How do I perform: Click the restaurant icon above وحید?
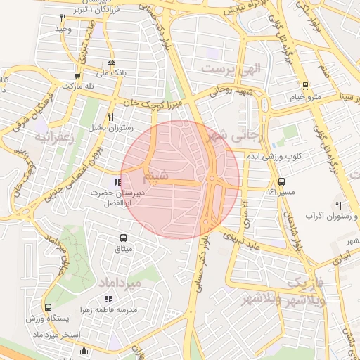point(63,17)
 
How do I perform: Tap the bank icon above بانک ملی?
point(111,62)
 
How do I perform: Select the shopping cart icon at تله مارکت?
point(77,76)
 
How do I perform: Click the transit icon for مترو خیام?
point(304,86)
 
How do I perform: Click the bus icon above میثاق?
point(124,238)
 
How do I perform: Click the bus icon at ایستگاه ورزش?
point(48,307)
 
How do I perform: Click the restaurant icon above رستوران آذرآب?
point(339,205)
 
